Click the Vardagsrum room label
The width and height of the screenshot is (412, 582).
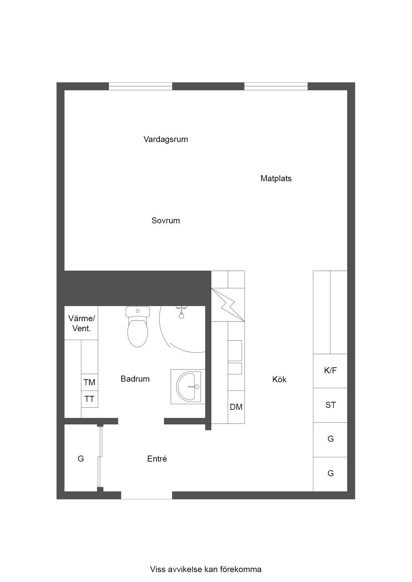pos(166,139)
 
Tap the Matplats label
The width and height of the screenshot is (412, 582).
pos(276,179)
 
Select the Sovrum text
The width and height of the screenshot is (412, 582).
pos(166,221)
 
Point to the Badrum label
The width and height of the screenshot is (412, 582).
pos(135,379)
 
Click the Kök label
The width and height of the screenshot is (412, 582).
pos(279,380)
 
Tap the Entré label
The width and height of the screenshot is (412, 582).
pos(157,459)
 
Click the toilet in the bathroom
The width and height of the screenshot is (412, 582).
pos(138,327)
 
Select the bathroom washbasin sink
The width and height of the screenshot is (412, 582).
pos(188,387)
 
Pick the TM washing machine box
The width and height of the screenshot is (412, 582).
pos(89,383)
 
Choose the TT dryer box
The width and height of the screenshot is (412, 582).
pos(89,399)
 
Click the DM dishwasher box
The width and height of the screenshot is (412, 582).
pos(236,407)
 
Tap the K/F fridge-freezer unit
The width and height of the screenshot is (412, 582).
pos(330,371)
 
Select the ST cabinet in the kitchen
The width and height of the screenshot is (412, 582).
pos(330,405)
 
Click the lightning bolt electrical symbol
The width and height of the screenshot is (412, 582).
pos(228,305)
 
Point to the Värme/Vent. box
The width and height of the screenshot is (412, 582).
pos(81,323)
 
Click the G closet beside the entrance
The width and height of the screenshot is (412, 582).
pos(81,459)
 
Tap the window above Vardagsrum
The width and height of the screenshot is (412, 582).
pos(141,86)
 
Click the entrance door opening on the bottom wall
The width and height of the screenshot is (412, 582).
pos(147,495)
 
